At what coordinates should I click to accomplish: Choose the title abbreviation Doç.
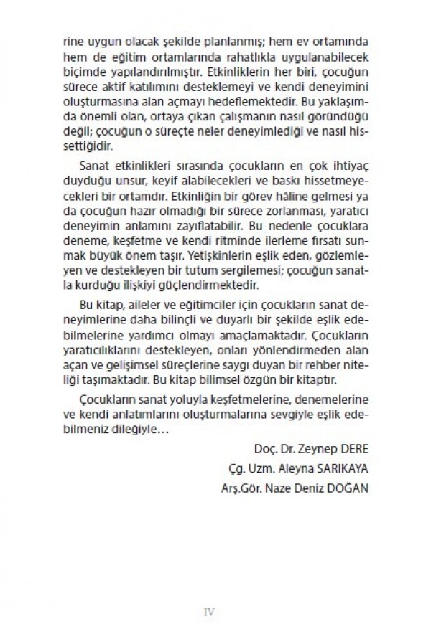click(x=265, y=450)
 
